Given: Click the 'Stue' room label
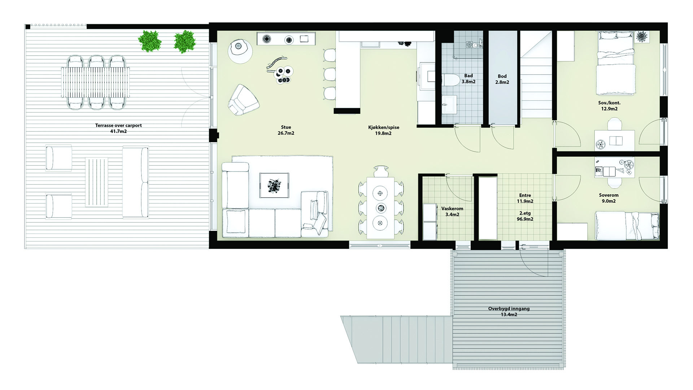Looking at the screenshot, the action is coord(286,127).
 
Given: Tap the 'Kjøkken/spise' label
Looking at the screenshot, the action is coord(383,127).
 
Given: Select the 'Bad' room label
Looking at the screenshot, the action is coord(468,76).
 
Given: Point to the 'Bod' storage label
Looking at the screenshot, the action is coord(502,76).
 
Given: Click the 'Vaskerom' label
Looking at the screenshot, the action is coord(452,209).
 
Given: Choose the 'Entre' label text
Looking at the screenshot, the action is coord(525,195).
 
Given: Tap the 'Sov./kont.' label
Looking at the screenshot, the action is coord(609,103).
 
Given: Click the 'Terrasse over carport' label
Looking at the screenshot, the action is coord(118,126).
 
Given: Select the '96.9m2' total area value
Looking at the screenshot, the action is coord(525,219).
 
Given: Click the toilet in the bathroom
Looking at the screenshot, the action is coord(449,81).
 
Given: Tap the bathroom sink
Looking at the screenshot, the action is coord(449,104).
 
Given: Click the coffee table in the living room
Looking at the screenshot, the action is coord(274,185).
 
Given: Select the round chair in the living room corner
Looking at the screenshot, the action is coord(240,51).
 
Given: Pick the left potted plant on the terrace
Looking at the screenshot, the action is coord(149,41).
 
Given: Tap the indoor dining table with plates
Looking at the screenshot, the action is coord(380,208).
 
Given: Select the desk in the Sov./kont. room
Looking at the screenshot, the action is coord(614,140).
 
